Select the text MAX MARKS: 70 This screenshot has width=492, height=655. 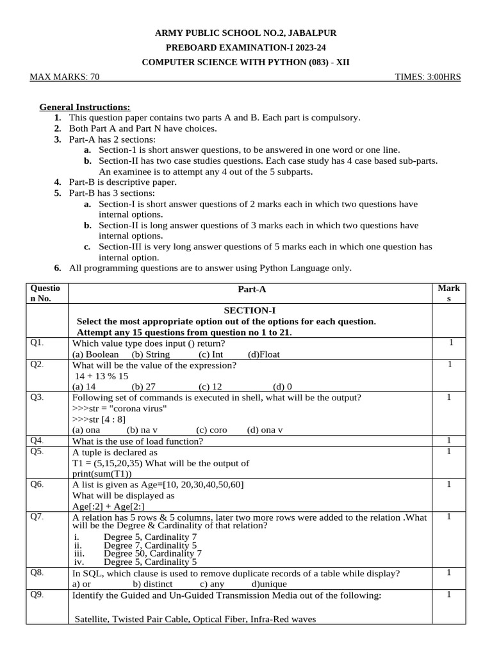click(65, 77)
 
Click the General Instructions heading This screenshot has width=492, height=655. click(85, 107)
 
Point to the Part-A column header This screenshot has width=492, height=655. click(252, 290)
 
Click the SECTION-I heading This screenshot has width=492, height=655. click(249, 310)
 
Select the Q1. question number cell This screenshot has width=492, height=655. click(37, 343)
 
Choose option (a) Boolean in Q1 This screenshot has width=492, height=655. click(95, 354)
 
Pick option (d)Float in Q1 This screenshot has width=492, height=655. click(264, 354)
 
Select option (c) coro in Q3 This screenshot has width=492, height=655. click(211, 430)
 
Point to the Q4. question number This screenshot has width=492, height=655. click(37, 441)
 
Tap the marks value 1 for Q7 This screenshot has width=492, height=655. click(450, 516)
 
